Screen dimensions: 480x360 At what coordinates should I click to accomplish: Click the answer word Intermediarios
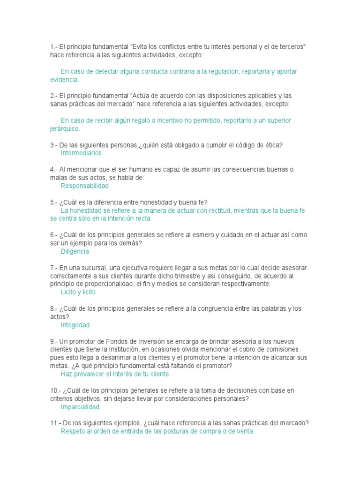pyautogui.click(x=81, y=153)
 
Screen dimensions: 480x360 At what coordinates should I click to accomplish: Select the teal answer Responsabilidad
pyautogui.click(x=85, y=186)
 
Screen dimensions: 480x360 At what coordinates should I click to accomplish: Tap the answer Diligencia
pyautogui.click(x=75, y=251)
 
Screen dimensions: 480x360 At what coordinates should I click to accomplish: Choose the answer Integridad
pyautogui.click(x=75, y=325)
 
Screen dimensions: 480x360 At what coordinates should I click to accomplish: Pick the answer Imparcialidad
pyautogui.click(x=80, y=407)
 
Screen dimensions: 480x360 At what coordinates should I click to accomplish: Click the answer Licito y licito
pyautogui.click(x=78, y=292)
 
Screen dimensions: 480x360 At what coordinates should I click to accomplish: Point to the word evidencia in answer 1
pyautogui.click(x=64, y=80)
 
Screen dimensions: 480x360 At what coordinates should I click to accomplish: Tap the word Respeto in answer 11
pyautogui.click(x=73, y=431)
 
